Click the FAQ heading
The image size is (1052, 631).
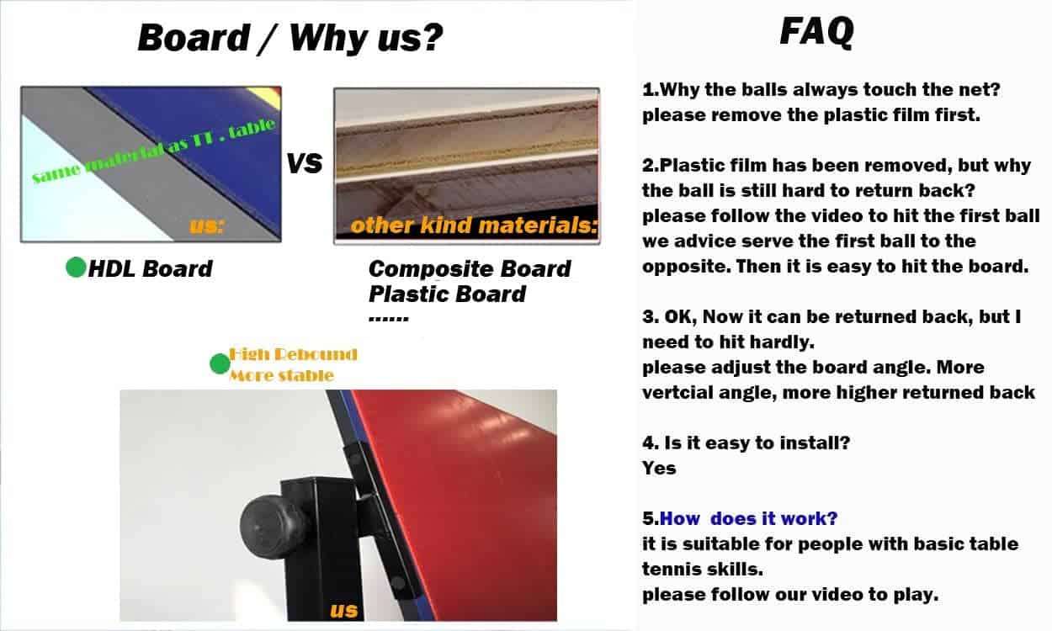(x=816, y=31)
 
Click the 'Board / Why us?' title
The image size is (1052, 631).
(x=290, y=38)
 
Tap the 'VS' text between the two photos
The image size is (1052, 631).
(x=305, y=163)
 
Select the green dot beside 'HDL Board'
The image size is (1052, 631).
(x=76, y=268)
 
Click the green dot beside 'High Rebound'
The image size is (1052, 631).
(x=220, y=363)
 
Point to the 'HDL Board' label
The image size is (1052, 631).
(x=151, y=269)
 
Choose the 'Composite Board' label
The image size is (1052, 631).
(x=470, y=269)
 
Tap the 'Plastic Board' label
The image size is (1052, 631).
(x=447, y=294)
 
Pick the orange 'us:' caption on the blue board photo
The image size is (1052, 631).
(x=207, y=226)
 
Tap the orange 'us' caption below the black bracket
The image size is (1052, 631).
(x=343, y=610)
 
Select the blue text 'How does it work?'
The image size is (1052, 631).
(x=749, y=519)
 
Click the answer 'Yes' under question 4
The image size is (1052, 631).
(x=659, y=468)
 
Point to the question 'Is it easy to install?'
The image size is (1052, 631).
(x=757, y=443)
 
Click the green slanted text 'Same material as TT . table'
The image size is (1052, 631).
(x=153, y=151)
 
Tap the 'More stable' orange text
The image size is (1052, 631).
(x=282, y=375)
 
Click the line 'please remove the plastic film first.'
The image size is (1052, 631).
(x=811, y=115)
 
